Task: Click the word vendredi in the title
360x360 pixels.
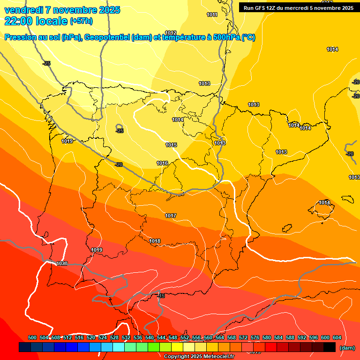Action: pyautogui.click(x=23, y=10)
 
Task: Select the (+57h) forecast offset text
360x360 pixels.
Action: pyautogui.click(x=82, y=21)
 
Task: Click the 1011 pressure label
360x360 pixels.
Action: pyautogui.click(x=212, y=15)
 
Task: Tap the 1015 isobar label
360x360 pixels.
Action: pyautogui.click(x=171, y=145)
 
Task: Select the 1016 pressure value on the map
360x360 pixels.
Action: pyautogui.click(x=162, y=163)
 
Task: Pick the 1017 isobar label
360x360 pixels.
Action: pyautogui.click(x=171, y=216)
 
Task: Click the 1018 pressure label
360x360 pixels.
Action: pyautogui.click(x=155, y=241)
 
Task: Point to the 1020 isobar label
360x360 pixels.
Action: pyautogui.click(x=62, y=263)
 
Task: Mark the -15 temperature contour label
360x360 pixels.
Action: pyautogui.click(x=161, y=296)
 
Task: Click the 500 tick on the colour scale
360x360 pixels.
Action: pyautogui.click(x=32, y=337)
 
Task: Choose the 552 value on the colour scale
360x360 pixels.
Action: pyautogui.click(x=184, y=337)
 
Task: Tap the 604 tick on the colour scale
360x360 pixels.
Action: pyautogui.click(x=337, y=337)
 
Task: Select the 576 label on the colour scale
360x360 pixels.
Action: pyautogui.click(x=255, y=337)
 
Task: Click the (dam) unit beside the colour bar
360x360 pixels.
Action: pyautogui.click(x=346, y=348)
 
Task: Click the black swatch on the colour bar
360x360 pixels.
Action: pyautogui.click(x=329, y=347)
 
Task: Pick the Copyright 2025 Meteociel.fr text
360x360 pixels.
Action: pyautogui.click(x=199, y=356)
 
